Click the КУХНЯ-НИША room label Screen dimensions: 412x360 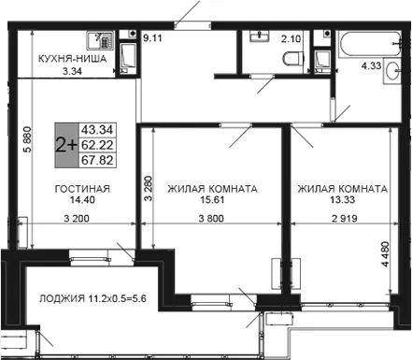click(72, 59)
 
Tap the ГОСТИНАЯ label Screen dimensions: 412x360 click(82, 189)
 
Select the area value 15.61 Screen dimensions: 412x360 click(212, 199)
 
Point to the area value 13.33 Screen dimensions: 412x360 click(342, 199)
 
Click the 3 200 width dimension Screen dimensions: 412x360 click(77, 219)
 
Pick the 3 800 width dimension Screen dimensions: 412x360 click(211, 219)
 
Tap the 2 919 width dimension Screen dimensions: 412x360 click(345, 219)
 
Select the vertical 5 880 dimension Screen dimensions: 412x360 click(27, 139)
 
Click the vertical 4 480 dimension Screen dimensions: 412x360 click(385, 253)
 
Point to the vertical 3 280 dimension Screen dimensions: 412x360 click(149, 189)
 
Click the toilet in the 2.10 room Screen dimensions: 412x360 click(293, 58)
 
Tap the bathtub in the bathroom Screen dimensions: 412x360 click(370, 44)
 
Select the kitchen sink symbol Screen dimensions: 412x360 click(100, 40)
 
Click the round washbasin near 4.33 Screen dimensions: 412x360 click(391, 71)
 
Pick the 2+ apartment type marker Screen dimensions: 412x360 click(66, 145)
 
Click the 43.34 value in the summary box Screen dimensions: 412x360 click(97, 130)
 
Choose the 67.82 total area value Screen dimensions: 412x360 click(97, 160)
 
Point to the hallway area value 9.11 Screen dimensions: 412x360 click(152, 38)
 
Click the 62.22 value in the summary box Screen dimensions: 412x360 click(97, 145)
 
